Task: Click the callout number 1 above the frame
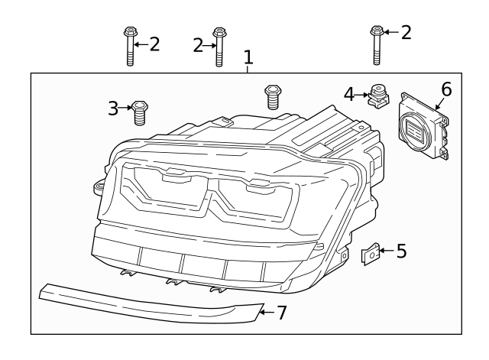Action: coord(248,58)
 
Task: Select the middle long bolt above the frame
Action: coord(219,48)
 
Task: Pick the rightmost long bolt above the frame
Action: coord(376,44)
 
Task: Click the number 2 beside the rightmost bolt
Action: coord(406,32)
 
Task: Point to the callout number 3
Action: coord(113,109)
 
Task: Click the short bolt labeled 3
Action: coord(139,112)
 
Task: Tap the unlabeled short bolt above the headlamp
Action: coord(271,97)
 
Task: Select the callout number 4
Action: coord(349,94)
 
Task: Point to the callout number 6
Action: coord(446,89)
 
